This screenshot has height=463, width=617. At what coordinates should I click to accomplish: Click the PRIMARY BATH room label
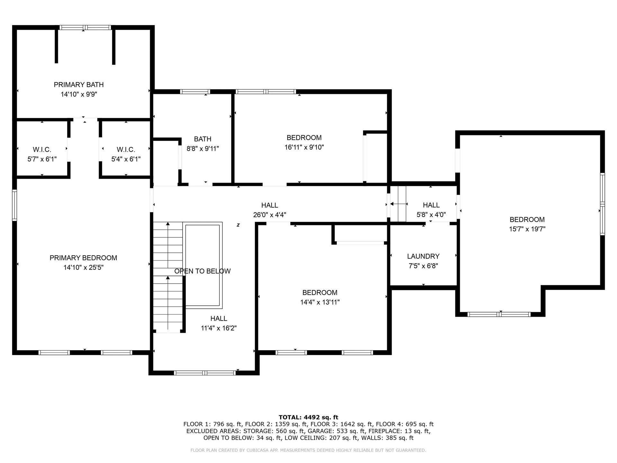pyautogui.click(x=79, y=85)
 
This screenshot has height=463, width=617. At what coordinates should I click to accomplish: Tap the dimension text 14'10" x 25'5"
pyautogui.click(x=83, y=268)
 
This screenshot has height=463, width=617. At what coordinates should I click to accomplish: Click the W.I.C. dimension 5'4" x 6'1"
pyautogui.click(x=126, y=159)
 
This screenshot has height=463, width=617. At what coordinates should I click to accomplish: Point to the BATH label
pyautogui.click(x=202, y=139)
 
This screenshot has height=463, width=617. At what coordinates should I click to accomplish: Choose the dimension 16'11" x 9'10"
pyautogui.click(x=304, y=147)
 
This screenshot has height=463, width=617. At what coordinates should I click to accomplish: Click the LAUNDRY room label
pyautogui.click(x=423, y=256)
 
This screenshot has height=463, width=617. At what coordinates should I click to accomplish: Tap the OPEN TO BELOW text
pyautogui.click(x=202, y=271)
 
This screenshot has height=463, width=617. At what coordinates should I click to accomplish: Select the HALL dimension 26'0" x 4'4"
pyautogui.click(x=269, y=215)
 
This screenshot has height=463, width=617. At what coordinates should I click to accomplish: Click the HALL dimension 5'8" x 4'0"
pyautogui.click(x=431, y=215)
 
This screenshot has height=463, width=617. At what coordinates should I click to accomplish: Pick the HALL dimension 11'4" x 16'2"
pyautogui.click(x=219, y=328)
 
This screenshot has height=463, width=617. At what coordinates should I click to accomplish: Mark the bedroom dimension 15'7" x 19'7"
pyautogui.click(x=527, y=229)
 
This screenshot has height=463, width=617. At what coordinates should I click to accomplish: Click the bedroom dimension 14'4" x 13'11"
pyautogui.click(x=320, y=302)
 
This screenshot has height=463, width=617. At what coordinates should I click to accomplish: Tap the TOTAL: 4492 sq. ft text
pyautogui.click(x=308, y=417)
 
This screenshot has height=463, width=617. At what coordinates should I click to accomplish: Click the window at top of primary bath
pyautogui.click(x=85, y=28)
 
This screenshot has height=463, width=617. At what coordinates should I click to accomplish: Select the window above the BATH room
pyautogui.click(x=195, y=92)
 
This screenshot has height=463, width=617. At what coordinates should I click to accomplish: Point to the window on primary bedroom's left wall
pyautogui.click(x=14, y=205)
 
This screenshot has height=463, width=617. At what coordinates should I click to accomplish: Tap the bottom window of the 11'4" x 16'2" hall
pyautogui.click(x=204, y=373)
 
